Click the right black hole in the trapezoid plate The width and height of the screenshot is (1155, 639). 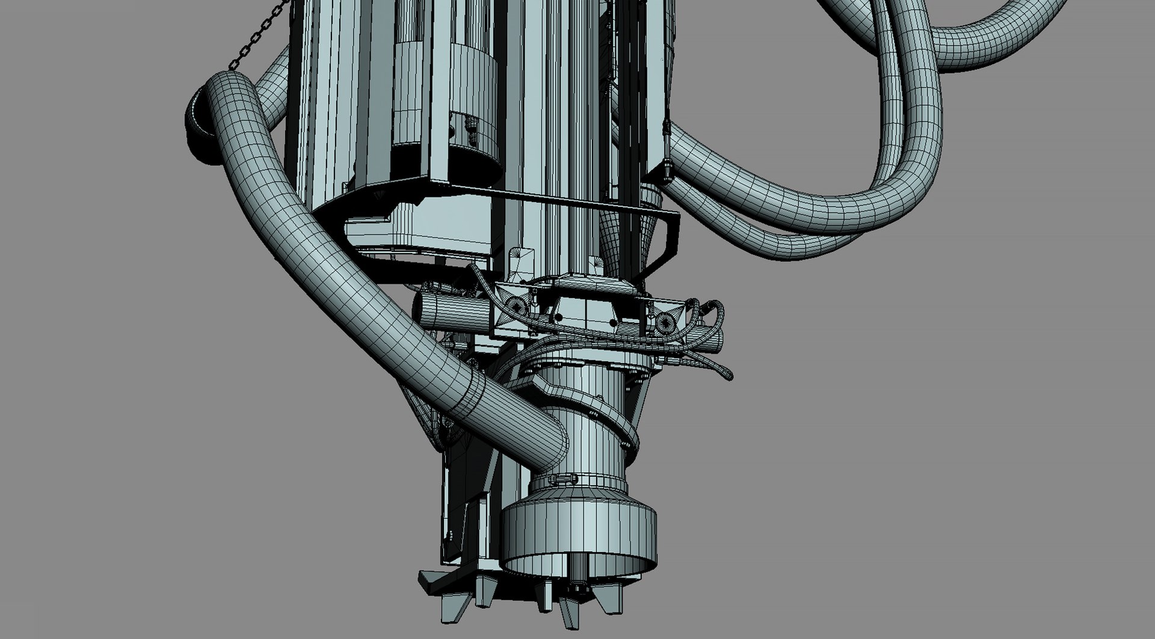pos(614,323)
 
